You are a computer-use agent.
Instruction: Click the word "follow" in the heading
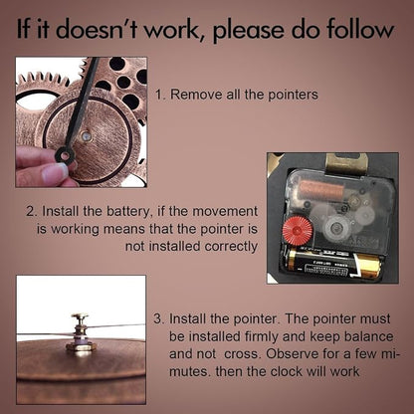tap(359, 29)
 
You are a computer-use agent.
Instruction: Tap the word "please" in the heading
tap(248, 31)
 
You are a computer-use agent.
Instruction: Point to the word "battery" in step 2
tap(128, 212)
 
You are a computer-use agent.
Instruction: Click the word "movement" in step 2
tap(225, 211)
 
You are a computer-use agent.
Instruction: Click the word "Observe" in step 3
tap(290, 353)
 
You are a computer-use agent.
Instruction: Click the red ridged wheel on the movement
tap(298, 230)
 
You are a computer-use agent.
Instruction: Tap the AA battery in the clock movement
tap(334, 265)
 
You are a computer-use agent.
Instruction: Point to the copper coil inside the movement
tap(322, 190)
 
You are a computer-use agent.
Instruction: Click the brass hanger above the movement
tap(346, 163)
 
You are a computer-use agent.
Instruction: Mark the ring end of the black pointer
tap(65, 154)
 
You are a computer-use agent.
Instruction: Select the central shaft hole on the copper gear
tap(87, 135)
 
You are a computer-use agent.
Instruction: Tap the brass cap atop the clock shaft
tap(80, 316)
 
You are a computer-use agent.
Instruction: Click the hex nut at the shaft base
tap(81, 346)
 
